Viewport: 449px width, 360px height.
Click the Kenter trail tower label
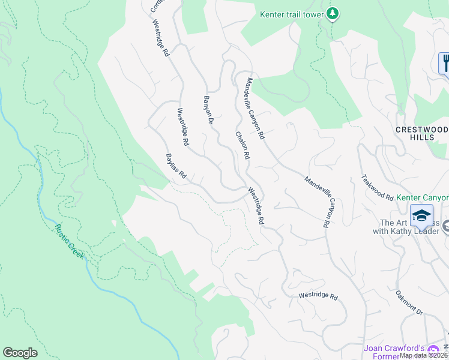pyautogui.click(x=291, y=14)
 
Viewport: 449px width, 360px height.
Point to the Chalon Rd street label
pyautogui.click(x=242, y=146)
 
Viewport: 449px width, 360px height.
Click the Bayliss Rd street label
pyautogui.click(x=176, y=168)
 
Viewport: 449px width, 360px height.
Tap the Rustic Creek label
pyautogui.click(x=70, y=242)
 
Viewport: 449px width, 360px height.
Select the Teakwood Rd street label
pyautogui.click(x=377, y=188)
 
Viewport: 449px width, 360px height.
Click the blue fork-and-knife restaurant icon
pyautogui.click(x=445, y=63)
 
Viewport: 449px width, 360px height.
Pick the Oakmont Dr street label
pyautogui.click(x=409, y=303)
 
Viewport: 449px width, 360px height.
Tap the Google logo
pyautogui.click(x=20, y=353)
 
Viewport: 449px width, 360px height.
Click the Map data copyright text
pyautogui.click(x=424, y=355)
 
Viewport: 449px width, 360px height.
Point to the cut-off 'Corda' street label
pyautogui.click(x=156, y=6)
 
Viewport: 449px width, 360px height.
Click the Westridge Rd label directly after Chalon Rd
pyautogui.click(x=256, y=205)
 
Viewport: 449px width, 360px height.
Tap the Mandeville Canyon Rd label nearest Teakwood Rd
pyautogui.click(x=318, y=201)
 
